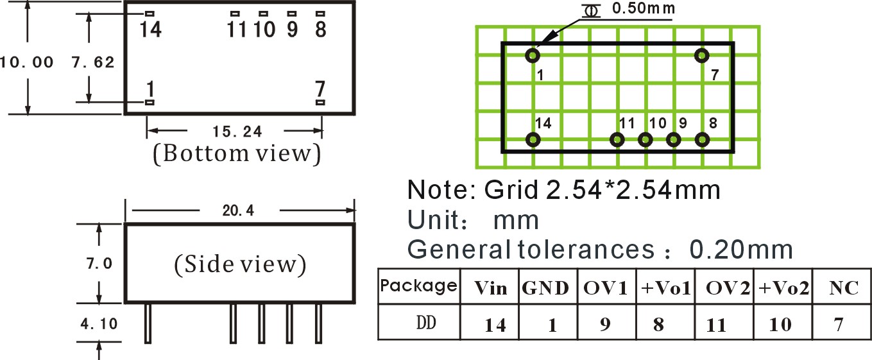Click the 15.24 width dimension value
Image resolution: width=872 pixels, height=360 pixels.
[237, 132]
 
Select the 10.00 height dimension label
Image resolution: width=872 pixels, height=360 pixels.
[26, 62]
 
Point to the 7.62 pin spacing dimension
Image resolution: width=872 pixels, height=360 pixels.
[93, 62]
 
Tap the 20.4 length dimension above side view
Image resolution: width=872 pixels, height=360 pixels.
[238, 210]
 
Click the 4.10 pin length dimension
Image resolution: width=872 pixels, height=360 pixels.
[99, 324]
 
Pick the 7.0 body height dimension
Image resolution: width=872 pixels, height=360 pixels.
[99, 264]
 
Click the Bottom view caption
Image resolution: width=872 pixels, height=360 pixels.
[237, 153]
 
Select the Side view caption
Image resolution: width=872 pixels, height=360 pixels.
[240, 264]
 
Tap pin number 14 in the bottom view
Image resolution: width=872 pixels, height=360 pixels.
[151, 30]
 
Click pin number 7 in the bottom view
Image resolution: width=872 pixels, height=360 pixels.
[320, 89]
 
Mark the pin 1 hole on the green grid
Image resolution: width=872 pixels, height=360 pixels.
[533, 56]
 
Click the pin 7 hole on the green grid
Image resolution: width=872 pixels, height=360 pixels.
[701, 56]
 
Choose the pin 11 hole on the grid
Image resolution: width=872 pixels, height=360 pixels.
[617, 140]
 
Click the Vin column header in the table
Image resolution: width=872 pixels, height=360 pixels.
[490, 288]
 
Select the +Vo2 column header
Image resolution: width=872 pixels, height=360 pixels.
[784, 288]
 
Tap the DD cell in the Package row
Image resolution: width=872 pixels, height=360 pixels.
[426, 323]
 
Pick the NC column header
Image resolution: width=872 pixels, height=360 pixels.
[844, 288]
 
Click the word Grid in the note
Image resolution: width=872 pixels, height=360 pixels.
[511, 190]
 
